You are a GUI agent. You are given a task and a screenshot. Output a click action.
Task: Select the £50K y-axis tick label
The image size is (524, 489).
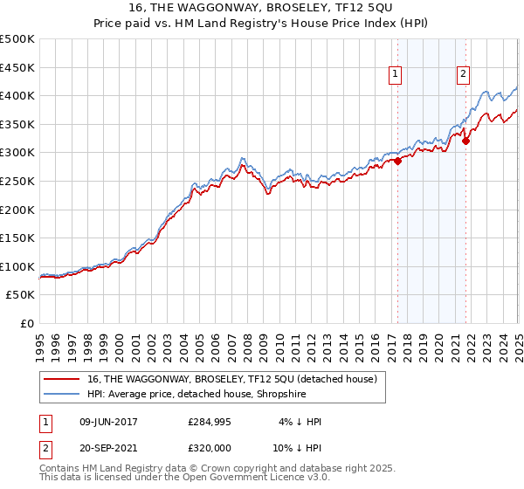point(21,295)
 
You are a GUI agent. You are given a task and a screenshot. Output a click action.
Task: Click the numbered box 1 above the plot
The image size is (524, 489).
point(396,75)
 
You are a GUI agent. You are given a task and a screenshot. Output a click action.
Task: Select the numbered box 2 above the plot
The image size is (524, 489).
point(462,75)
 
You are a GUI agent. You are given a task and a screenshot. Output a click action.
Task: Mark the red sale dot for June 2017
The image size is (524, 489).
point(397,161)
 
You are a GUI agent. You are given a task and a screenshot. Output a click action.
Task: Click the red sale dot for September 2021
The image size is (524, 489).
point(465,141)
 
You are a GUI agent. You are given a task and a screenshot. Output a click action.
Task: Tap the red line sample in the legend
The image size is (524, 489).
point(63,378)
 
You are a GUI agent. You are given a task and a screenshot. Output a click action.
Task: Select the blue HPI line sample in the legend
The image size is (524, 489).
point(63,393)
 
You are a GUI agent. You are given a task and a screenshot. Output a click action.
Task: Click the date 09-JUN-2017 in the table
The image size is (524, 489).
point(108,422)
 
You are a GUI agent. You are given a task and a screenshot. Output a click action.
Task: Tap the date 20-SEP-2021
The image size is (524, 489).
point(108,450)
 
